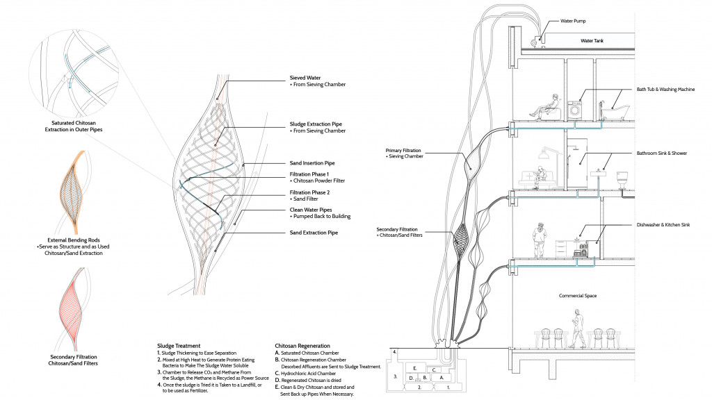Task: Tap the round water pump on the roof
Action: click(x=535, y=42)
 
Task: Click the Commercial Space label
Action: click(x=578, y=296)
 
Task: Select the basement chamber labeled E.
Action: click(x=414, y=367)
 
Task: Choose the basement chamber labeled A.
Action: click(x=441, y=377)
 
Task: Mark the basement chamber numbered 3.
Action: click(x=396, y=377)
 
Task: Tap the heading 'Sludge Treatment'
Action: click(x=179, y=345)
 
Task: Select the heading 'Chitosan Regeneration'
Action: click(x=302, y=345)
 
